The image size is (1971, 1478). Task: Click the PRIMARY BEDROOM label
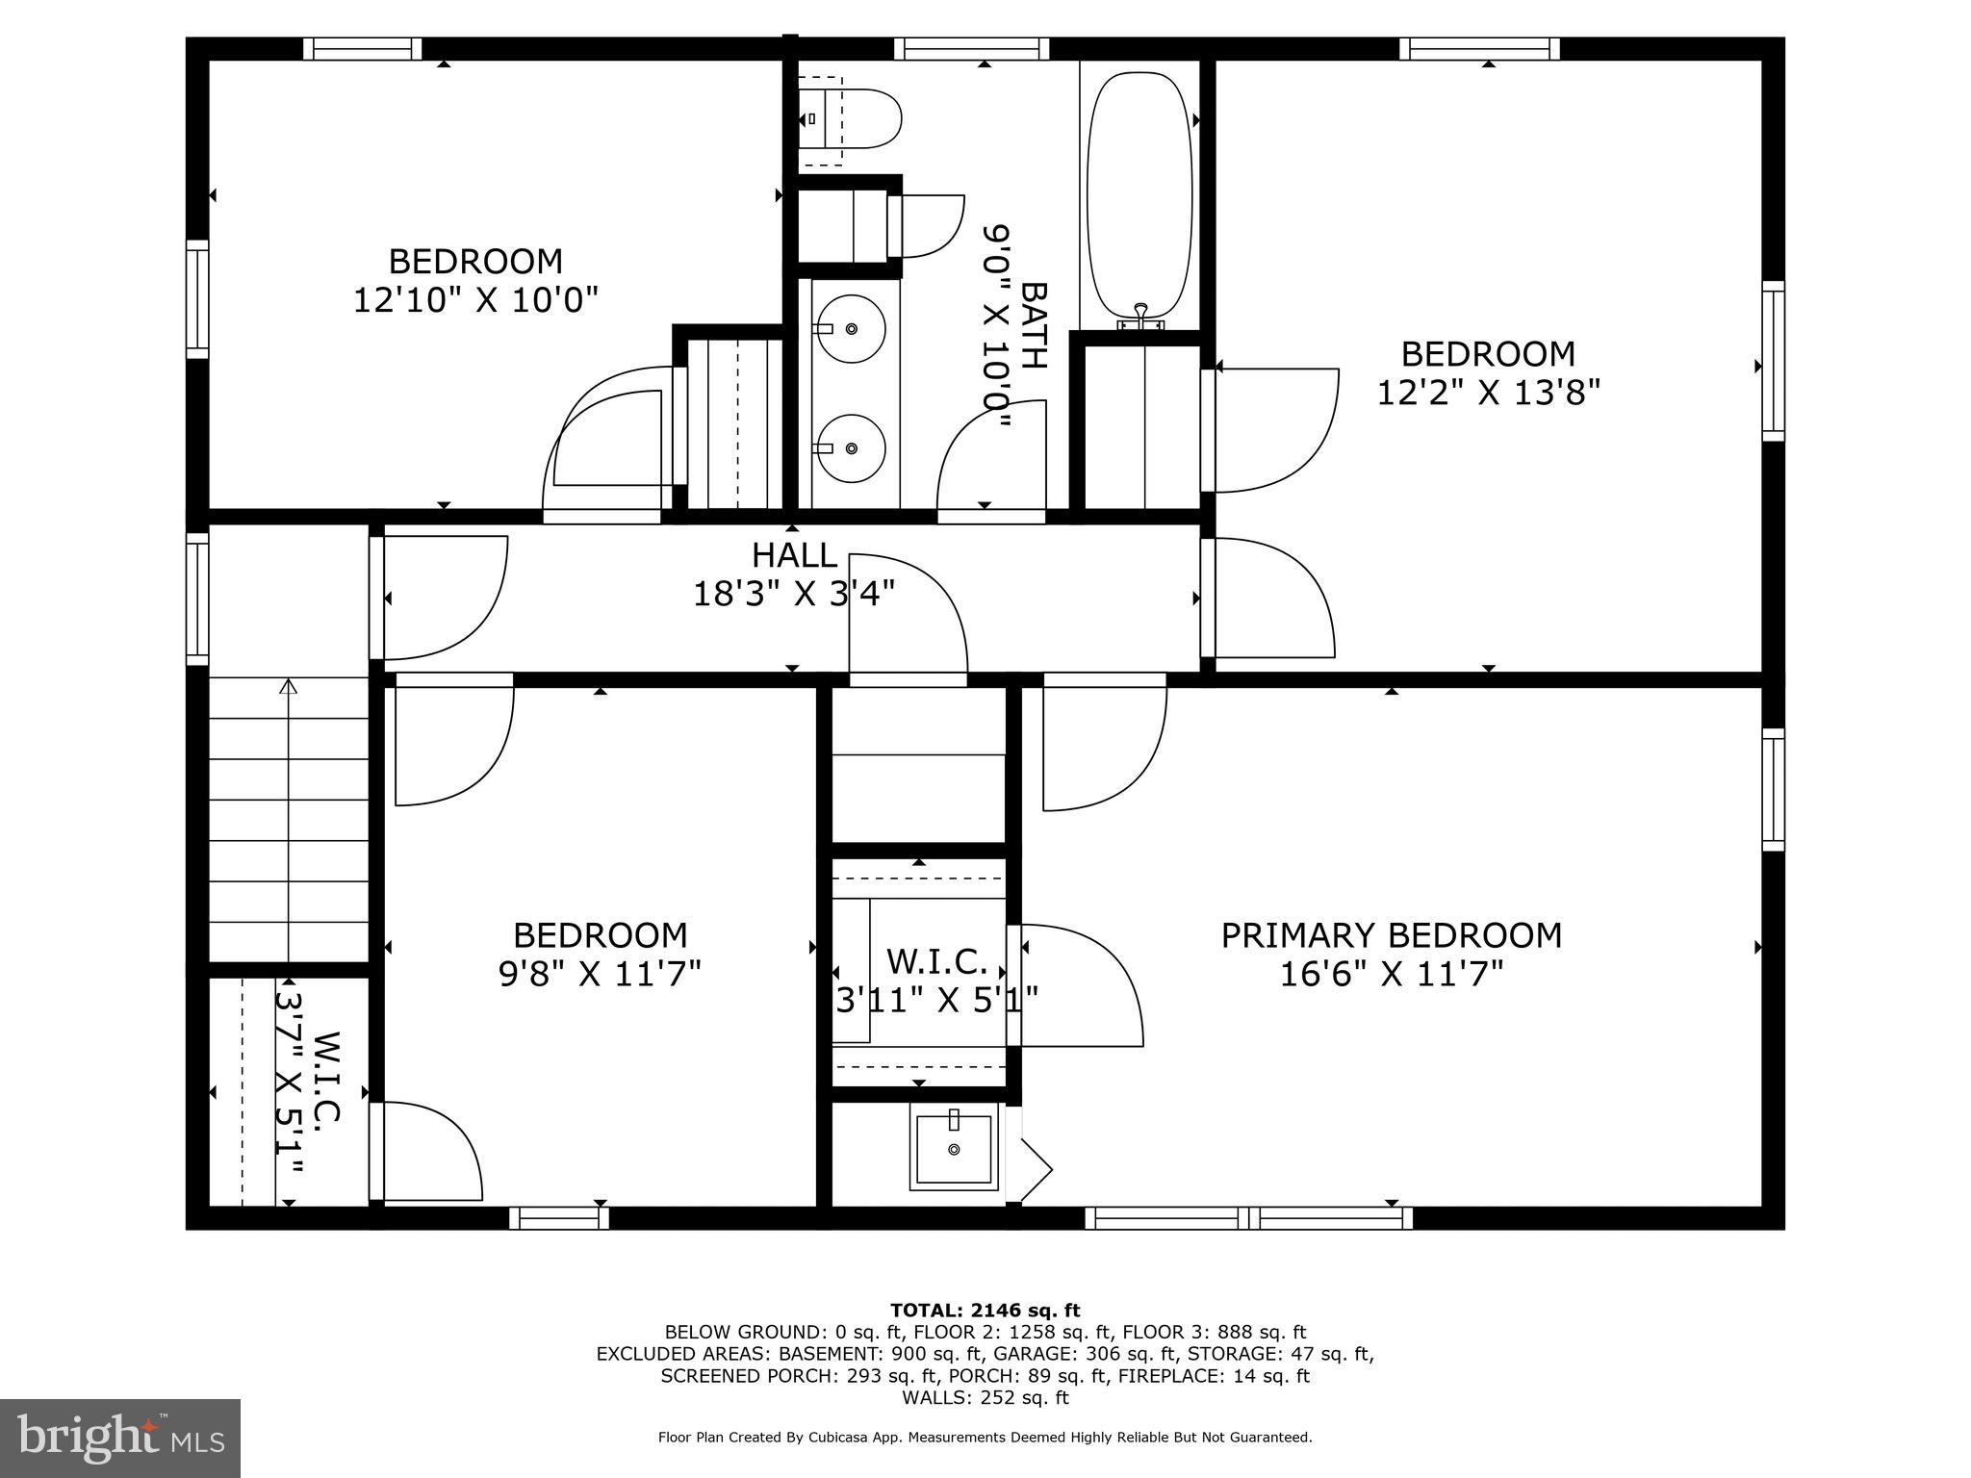1391,935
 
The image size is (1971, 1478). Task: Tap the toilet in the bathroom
852,118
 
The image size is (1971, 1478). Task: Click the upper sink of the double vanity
850,328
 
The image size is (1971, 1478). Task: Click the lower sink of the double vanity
850,448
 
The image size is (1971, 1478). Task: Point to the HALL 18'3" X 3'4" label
794,575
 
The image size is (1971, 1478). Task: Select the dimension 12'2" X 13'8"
1488,393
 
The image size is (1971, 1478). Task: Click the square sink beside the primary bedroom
954,1149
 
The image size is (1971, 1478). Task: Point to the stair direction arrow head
289,686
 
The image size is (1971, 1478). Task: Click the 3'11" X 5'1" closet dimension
935,1001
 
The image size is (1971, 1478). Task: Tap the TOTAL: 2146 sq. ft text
985,1310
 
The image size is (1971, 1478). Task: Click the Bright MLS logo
120,1438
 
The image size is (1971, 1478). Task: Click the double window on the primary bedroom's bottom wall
1249,1217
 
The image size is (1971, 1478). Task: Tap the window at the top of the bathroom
971,48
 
